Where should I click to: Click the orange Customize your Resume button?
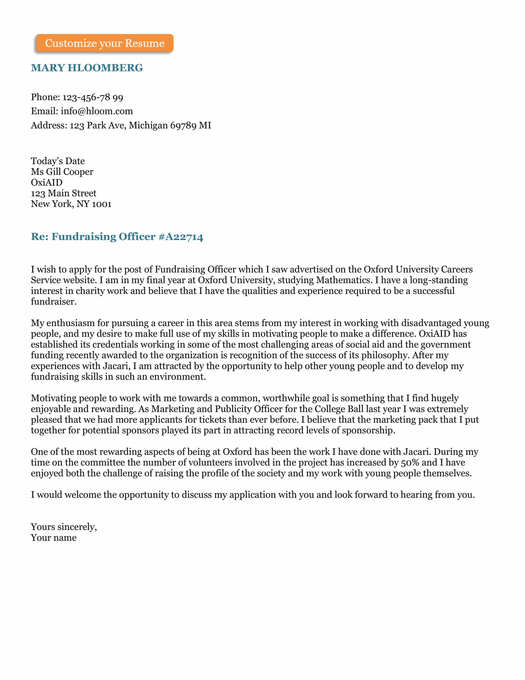pos(104,43)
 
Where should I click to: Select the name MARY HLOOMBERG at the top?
pos(87,68)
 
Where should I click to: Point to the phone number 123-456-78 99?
pos(93,97)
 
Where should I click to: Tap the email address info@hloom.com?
pos(96,111)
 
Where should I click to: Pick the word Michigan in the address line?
pos(148,125)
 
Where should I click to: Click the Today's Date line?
pos(57,161)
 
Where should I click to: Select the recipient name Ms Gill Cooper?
pos(62,172)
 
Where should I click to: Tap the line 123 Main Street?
pos(63,193)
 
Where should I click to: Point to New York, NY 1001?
pos(71,204)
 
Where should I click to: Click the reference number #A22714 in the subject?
pos(181,237)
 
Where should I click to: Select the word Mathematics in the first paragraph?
pos(344,280)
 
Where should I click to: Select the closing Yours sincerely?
pos(64,527)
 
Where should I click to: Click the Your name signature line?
pos(53,538)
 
